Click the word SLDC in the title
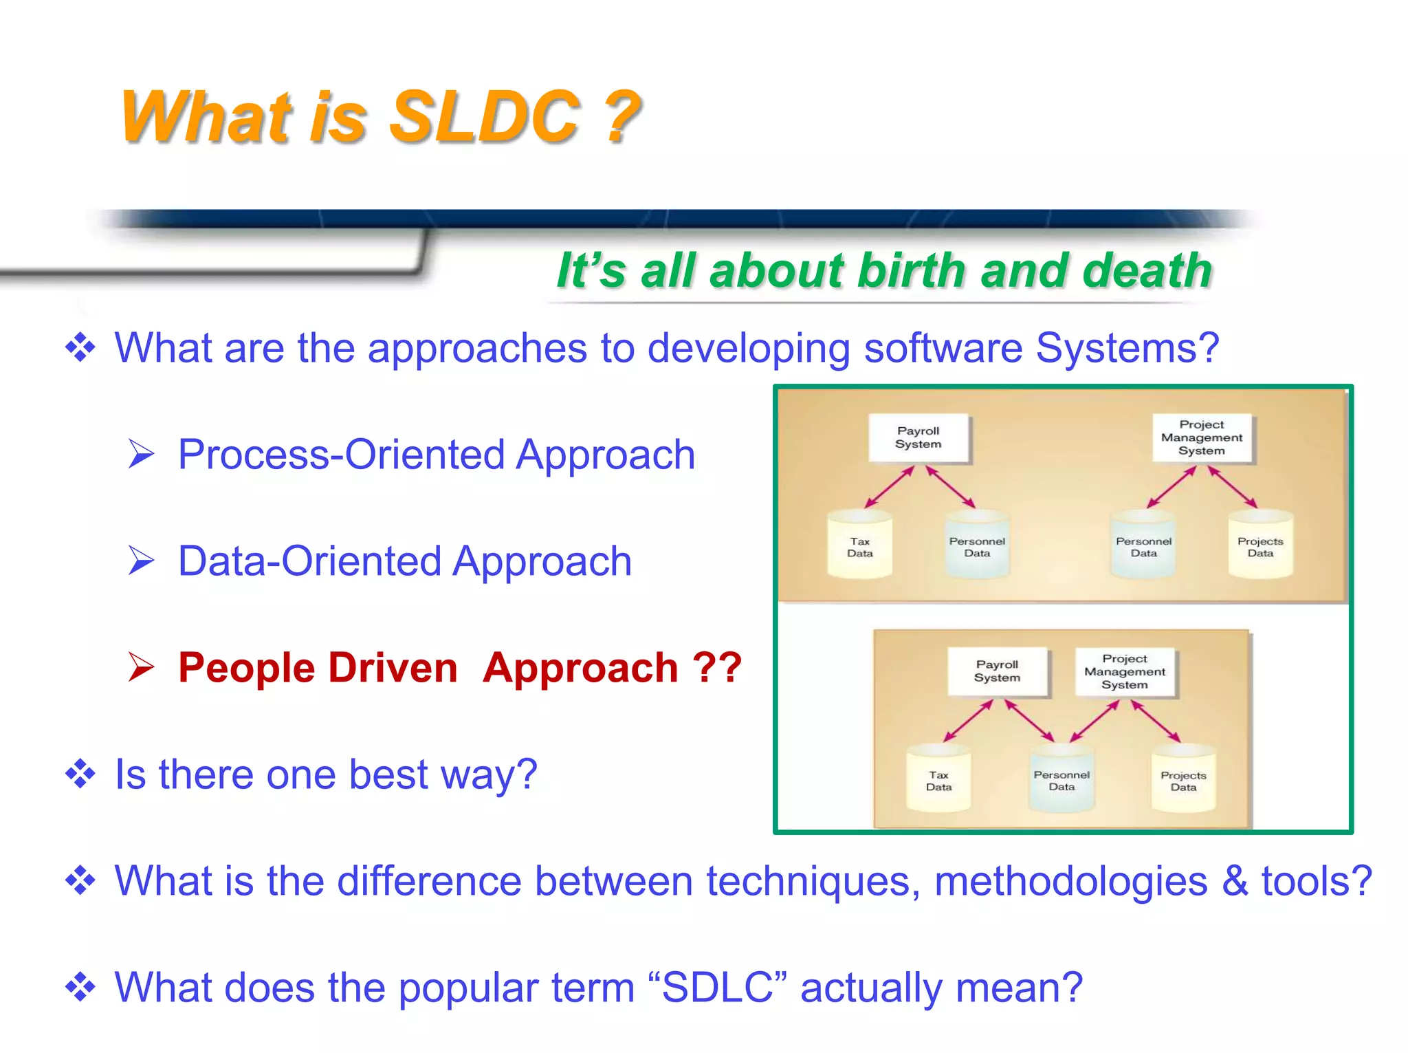(x=485, y=117)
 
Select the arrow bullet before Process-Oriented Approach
(x=141, y=455)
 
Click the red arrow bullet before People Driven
(x=141, y=668)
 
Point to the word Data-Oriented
(x=309, y=561)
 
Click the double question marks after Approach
(x=717, y=668)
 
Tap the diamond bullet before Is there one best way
(x=80, y=774)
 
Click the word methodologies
(x=1070, y=881)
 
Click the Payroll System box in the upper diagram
(x=918, y=437)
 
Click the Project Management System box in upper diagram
(x=1202, y=437)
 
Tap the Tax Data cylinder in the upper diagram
(x=860, y=545)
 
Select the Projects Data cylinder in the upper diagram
(x=1260, y=545)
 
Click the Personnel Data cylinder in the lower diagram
(x=1061, y=779)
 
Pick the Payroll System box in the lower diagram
(x=997, y=671)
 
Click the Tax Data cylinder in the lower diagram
(x=938, y=779)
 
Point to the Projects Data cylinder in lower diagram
(x=1183, y=779)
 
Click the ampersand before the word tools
(x=1235, y=881)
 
